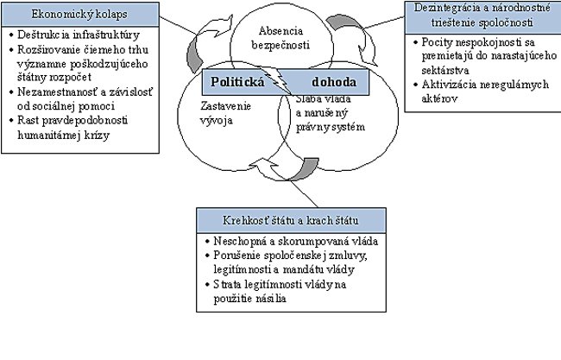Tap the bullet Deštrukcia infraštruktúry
click(74, 36)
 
